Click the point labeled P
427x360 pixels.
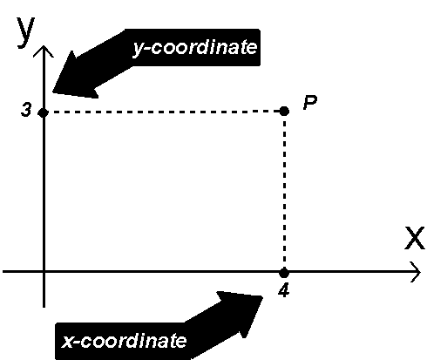(x=284, y=111)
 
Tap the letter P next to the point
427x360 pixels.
(x=310, y=103)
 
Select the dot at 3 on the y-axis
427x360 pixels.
(x=44, y=112)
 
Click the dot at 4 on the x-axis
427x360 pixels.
(x=284, y=273)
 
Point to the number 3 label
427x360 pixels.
(x=26, y=111)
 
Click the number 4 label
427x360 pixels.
(x=283, y=290)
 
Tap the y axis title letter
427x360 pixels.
(x=25, y=31)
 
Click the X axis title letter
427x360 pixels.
(x=415, y=238)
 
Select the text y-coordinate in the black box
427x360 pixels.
(x=195, y=47)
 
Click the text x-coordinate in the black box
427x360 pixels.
(x=124, y=341)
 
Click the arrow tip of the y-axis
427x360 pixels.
(x=44, y=46)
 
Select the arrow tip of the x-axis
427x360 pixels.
(x=420, y=272)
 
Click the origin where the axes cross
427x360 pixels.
(x=44, y=272)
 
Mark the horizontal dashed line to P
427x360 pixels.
(x=164, y=112)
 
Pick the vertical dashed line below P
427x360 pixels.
(x=284, y=192)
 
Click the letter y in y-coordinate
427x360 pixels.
(x=138, y=50)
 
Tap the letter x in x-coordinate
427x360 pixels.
(x=67, y=341)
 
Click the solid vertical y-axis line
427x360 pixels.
(x=44, y=176)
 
